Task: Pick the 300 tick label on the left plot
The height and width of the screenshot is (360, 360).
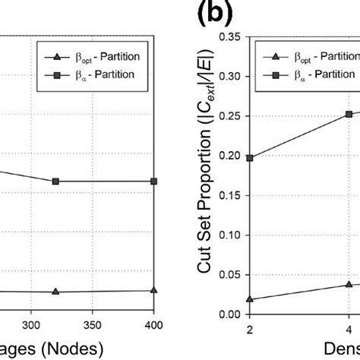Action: [x=31, y=324]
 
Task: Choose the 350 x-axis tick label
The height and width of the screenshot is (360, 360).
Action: [x=93, y=324]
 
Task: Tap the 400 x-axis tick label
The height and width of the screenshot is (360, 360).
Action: [x=154, y=324]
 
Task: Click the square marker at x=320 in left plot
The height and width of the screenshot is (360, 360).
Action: [x=55, y=182]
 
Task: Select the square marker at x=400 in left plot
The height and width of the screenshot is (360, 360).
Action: [x=154, y=182]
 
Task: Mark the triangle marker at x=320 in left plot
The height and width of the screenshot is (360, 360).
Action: [x=55, y=292]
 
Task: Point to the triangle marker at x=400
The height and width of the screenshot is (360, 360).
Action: [x=154, y=290]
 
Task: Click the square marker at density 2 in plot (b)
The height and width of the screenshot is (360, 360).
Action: [x=251, y=158]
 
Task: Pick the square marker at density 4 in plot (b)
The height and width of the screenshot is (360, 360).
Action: [x=349, y=114]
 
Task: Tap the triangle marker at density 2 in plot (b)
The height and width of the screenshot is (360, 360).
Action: [x=251, y=299]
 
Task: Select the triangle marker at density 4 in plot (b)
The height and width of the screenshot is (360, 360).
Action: [x=349, y=284]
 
